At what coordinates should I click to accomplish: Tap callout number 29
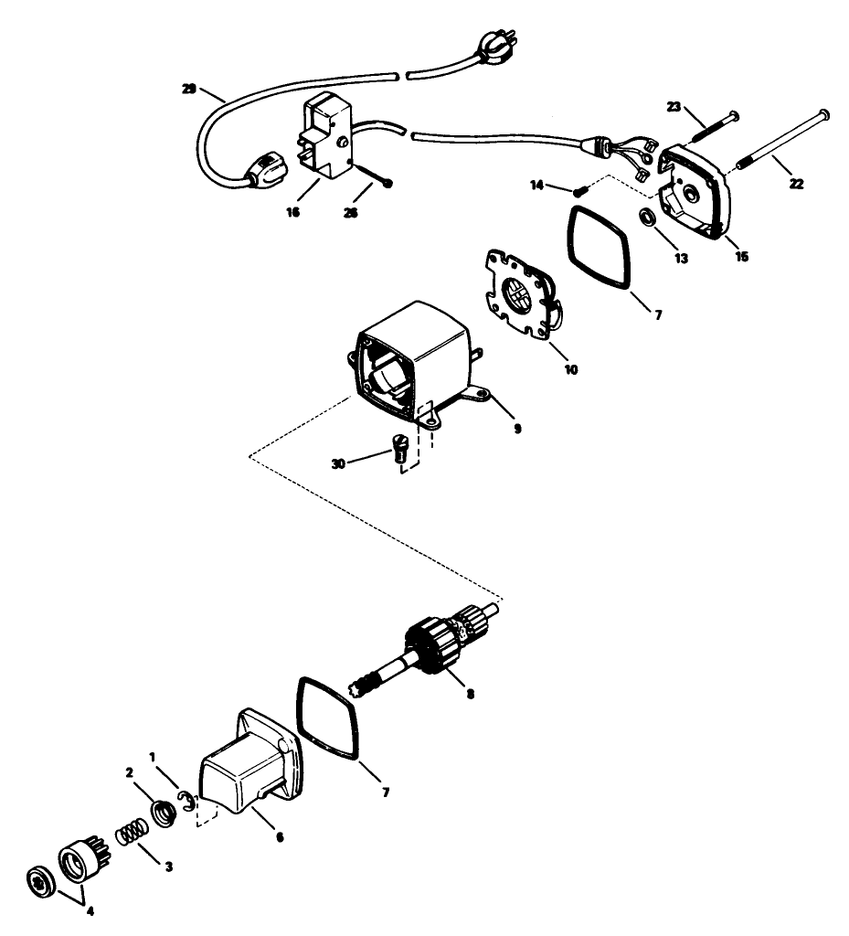pos(190,90)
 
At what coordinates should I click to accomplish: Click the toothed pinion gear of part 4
pos(79,863)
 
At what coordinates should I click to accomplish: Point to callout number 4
pos(90,910)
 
